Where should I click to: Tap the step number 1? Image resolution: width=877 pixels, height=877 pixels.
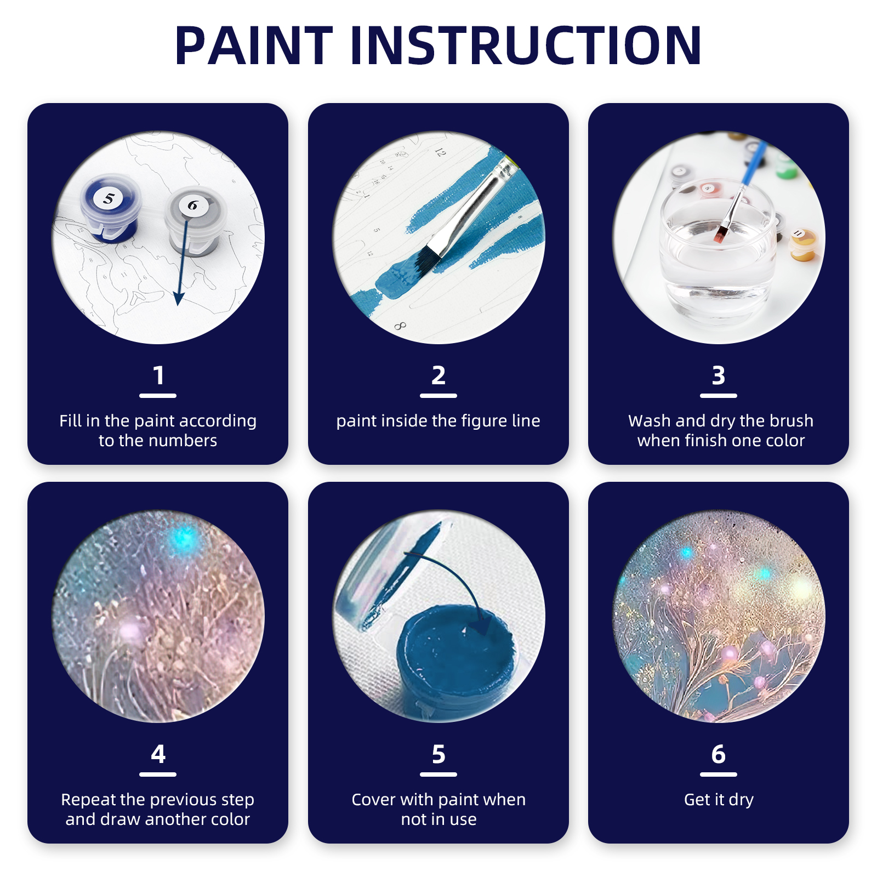point(158,376)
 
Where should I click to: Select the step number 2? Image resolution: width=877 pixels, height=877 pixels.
point(438,376)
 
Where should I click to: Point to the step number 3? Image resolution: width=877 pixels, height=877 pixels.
point(719,376)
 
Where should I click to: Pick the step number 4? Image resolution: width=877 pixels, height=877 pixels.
point(158,755)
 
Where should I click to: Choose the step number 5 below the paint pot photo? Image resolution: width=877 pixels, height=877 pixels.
point(438,755)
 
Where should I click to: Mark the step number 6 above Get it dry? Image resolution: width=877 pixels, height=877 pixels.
point(719,755)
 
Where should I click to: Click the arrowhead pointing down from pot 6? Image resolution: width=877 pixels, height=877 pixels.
point(179,298)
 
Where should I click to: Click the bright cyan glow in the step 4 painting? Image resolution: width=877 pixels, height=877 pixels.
point(184,537)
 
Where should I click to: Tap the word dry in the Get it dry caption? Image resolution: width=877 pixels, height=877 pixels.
point(741,800)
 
